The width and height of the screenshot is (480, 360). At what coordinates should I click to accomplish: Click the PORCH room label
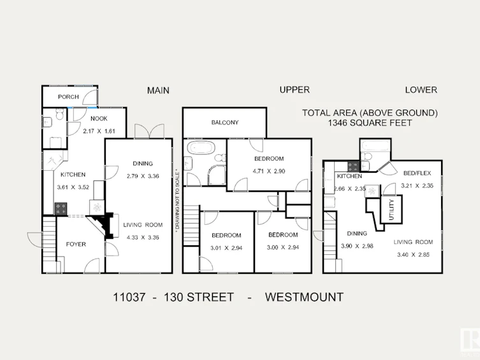click(x=68, y=97)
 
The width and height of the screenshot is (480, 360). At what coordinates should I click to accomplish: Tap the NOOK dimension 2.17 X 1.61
click(x=99, y=131)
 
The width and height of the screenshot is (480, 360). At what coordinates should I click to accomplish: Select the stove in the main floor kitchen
click(x=61, y=209)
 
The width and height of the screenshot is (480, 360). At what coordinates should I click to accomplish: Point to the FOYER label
click(x=76, y=245)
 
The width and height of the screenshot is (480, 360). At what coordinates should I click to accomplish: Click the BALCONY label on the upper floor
click(x=224, y=122)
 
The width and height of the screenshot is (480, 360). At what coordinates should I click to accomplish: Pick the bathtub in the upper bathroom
click(x=201, y=148)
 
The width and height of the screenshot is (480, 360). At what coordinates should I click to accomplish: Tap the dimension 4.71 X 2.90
click(x=269, y=171)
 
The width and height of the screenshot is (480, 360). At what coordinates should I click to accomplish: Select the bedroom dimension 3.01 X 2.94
click(x=226, y=248)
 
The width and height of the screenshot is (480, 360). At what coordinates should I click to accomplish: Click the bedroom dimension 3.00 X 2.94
click(x=283, y=247)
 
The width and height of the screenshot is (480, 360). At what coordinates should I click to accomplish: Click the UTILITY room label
click(x=391, y=210)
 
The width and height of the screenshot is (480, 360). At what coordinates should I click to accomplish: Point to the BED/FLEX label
click(x=417, y=173)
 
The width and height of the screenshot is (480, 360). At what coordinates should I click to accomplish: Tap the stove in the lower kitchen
click(x=353, y=167)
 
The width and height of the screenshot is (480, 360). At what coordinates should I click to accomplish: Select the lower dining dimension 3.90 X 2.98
click(x=357, y=246)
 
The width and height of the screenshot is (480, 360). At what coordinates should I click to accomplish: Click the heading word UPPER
click(x=295, y=90)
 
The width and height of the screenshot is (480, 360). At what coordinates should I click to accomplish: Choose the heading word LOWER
click(x=421, y=90)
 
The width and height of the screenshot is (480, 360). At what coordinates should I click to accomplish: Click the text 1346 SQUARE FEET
click(x=370, y=123)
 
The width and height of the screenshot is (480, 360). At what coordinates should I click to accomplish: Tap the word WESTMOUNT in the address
click(x=304, y=297)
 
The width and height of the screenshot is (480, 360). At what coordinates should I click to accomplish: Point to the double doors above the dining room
click(x=149, y=131)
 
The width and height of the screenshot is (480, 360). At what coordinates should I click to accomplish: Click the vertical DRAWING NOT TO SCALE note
click(x=178, y=203)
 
